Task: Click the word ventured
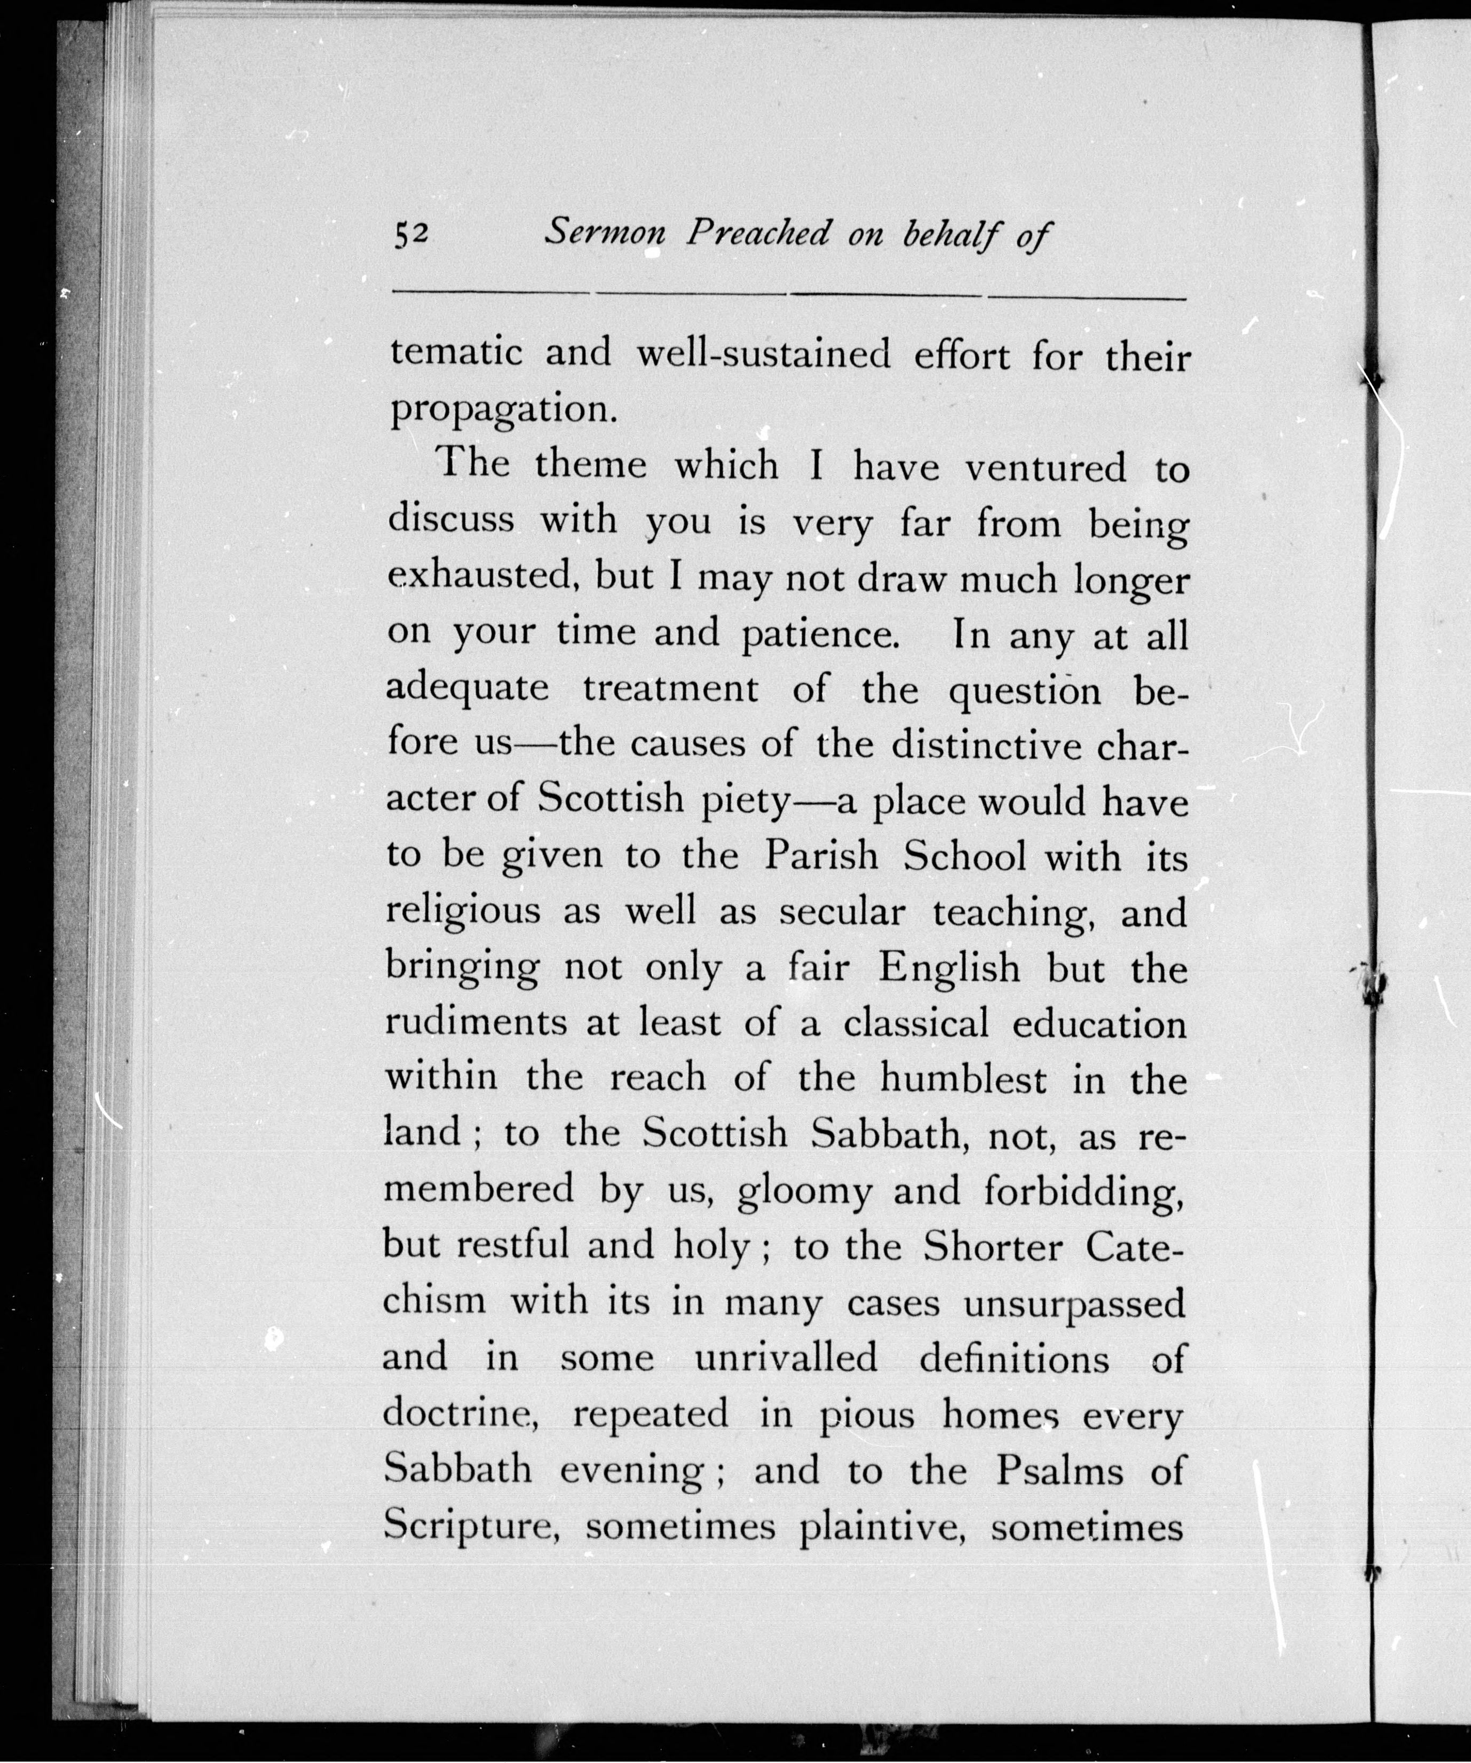pos(1045,467)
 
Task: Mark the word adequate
pos(467,689)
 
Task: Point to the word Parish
pos(820,856)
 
